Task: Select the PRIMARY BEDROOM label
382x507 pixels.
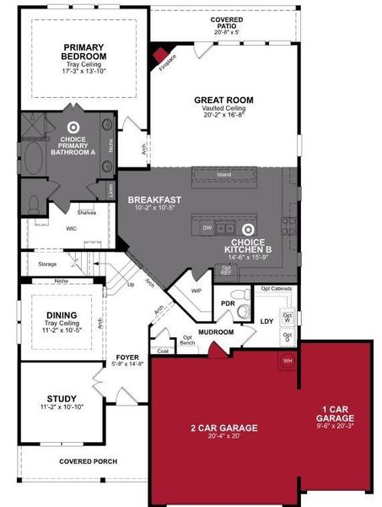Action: click(x=83, y=51)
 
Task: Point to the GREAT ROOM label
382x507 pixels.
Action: click(x=223, y=100)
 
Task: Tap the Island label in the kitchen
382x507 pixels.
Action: click(x=223, y=175)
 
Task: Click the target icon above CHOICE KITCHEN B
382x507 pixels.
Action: click(x=248, y=229)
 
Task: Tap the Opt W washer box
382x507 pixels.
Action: click(x=288, y=319)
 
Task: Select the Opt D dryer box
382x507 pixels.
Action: click(x=288, y=337)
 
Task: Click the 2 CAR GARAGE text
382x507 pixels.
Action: click(x=223, y=428)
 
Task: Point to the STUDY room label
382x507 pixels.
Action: click(x=62, y=397)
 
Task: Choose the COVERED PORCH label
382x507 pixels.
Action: click(x=87, y=462)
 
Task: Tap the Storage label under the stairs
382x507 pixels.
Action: click(x=48, y=264)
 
